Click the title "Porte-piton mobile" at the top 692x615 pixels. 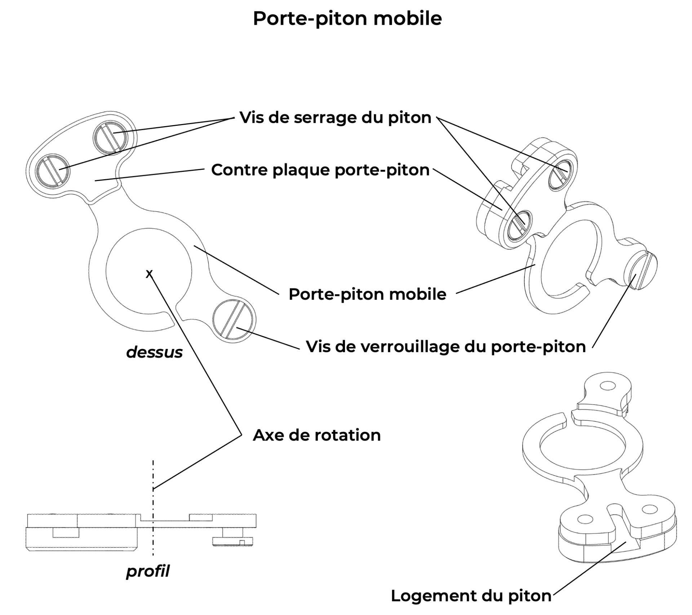tap(347, 19)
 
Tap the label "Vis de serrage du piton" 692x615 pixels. tap(335, 118)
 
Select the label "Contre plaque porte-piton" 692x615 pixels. tap(320, 170)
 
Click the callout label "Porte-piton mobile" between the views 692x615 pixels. tap(367, 295)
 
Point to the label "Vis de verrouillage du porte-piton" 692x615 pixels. tap(446, 347)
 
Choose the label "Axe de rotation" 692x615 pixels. tap(316, 435)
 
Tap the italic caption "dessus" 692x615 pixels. tap(154, 352)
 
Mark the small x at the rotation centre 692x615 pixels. tap(149, 274)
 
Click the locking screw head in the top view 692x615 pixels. tap(234, 319)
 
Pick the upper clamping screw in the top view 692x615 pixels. tap(110, 137)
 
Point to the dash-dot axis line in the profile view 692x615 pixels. tap(153, 512)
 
